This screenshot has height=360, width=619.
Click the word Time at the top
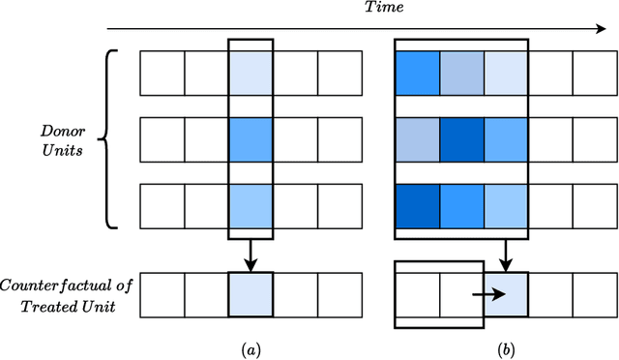pyautogui.click(x=356, y=8)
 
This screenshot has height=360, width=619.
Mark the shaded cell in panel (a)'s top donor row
pyautogui.click(x=251, y=73)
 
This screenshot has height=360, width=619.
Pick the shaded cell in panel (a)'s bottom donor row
pyautogui.click(x=251, y=205)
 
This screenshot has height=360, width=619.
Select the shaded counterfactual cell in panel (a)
pyautogui.click(x=251, y=294)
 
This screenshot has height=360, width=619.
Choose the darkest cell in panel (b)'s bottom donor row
pyautogui.click(x=417, y=205)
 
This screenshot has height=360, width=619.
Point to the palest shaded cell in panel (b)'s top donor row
pyautogui.click(x=507, y=73)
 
